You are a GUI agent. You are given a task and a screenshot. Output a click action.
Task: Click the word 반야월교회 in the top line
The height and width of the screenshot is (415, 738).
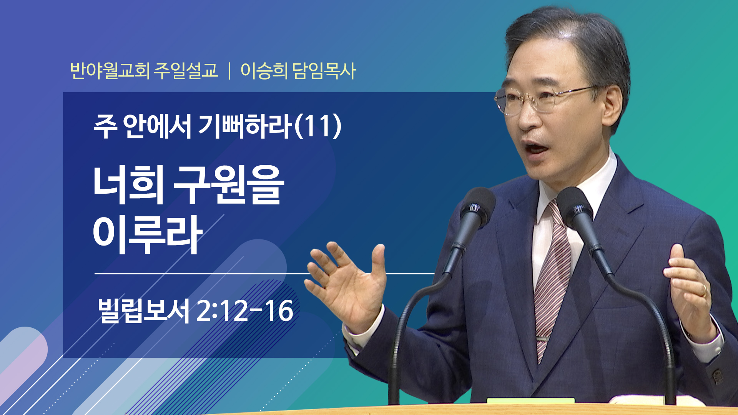[110, 71]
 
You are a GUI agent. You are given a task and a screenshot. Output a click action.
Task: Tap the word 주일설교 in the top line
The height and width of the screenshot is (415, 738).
[186, 71]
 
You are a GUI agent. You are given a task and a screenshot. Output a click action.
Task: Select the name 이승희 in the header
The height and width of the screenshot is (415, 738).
[264, 71]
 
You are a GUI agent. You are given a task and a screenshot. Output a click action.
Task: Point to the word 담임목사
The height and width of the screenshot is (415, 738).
[324, 71]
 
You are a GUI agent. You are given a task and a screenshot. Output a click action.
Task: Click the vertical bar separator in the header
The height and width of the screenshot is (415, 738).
[229, 71]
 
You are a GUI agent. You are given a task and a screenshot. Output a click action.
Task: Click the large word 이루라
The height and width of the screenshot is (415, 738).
[148, 234]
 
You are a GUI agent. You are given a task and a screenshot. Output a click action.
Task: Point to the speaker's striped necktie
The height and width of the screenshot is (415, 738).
[552, 277]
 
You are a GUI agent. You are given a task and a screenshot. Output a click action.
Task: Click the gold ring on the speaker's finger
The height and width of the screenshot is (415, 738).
[704, 290]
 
